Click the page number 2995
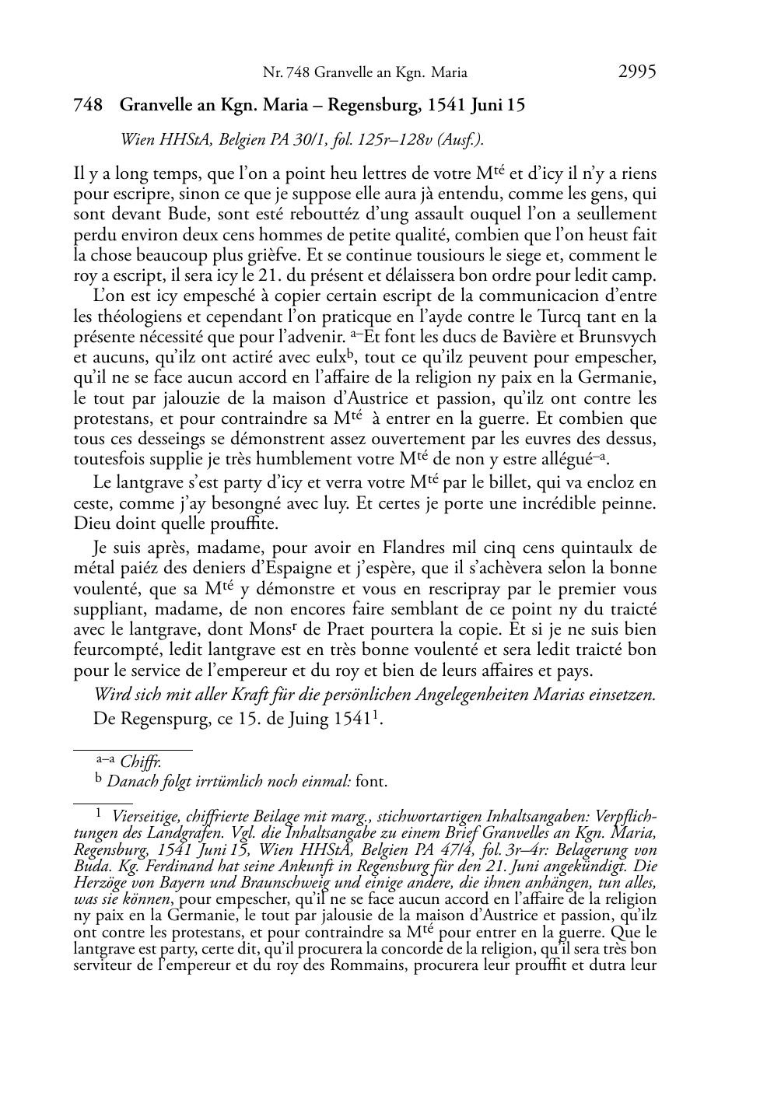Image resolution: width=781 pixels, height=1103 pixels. click(x=637, y=72)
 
